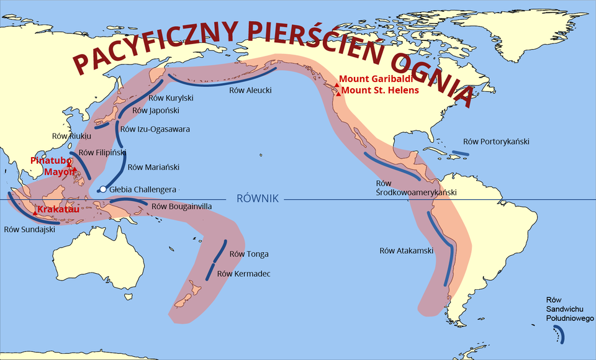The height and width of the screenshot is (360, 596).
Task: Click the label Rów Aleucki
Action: (250, 91)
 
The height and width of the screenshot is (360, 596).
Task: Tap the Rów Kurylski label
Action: (171, 98)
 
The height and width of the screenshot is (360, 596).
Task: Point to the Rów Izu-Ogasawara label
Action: (155, 130)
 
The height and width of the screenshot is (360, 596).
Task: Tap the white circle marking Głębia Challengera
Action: (104, 189)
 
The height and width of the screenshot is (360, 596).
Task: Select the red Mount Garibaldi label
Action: (376, 79)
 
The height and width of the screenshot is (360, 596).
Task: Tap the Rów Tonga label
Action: (249, 254)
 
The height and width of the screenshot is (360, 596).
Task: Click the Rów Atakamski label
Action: (407, 251)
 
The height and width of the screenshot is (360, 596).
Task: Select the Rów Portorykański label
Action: (496, 142)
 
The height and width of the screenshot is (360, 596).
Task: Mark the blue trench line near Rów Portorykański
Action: (460, 153)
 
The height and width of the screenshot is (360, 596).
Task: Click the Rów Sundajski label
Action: (30, 229)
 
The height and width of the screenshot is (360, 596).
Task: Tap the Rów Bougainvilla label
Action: (181, 206)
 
